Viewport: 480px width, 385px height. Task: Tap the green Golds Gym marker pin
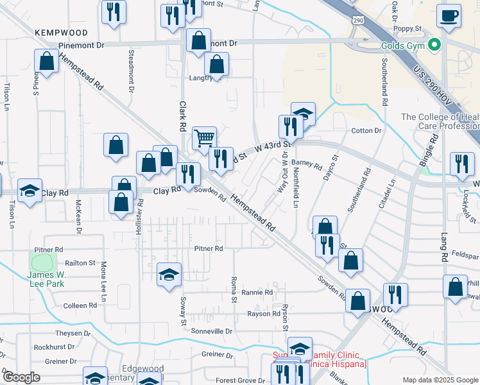pyautogui.click(x=434, y=46)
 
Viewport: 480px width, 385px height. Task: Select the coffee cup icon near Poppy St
pyautogui.click(x=449, y=15)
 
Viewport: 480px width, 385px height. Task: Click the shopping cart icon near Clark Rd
pyautogui.click(x=204, y=137)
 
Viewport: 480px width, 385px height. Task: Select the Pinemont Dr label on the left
pyautogui.click(x=81, y=46)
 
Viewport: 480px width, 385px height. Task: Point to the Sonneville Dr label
pyautogui.click(x=211, y=331)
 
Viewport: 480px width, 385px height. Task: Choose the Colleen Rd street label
pyautogui.click(x=80, y=305)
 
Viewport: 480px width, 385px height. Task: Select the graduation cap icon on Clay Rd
pyautogui.click(x=30, y=191)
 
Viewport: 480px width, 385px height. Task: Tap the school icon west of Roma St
pyautogui.click(x=169, y=276)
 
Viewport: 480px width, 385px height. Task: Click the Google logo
pyautogui.click(x=21, y=377)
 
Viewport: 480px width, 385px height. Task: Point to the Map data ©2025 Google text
pyautogui.click(x=440, y=380)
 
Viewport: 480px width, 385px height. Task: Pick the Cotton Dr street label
pyautogui.click(x=366, y=131)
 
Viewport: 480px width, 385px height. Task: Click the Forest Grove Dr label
pyautogui.click(x=241, y=381)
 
